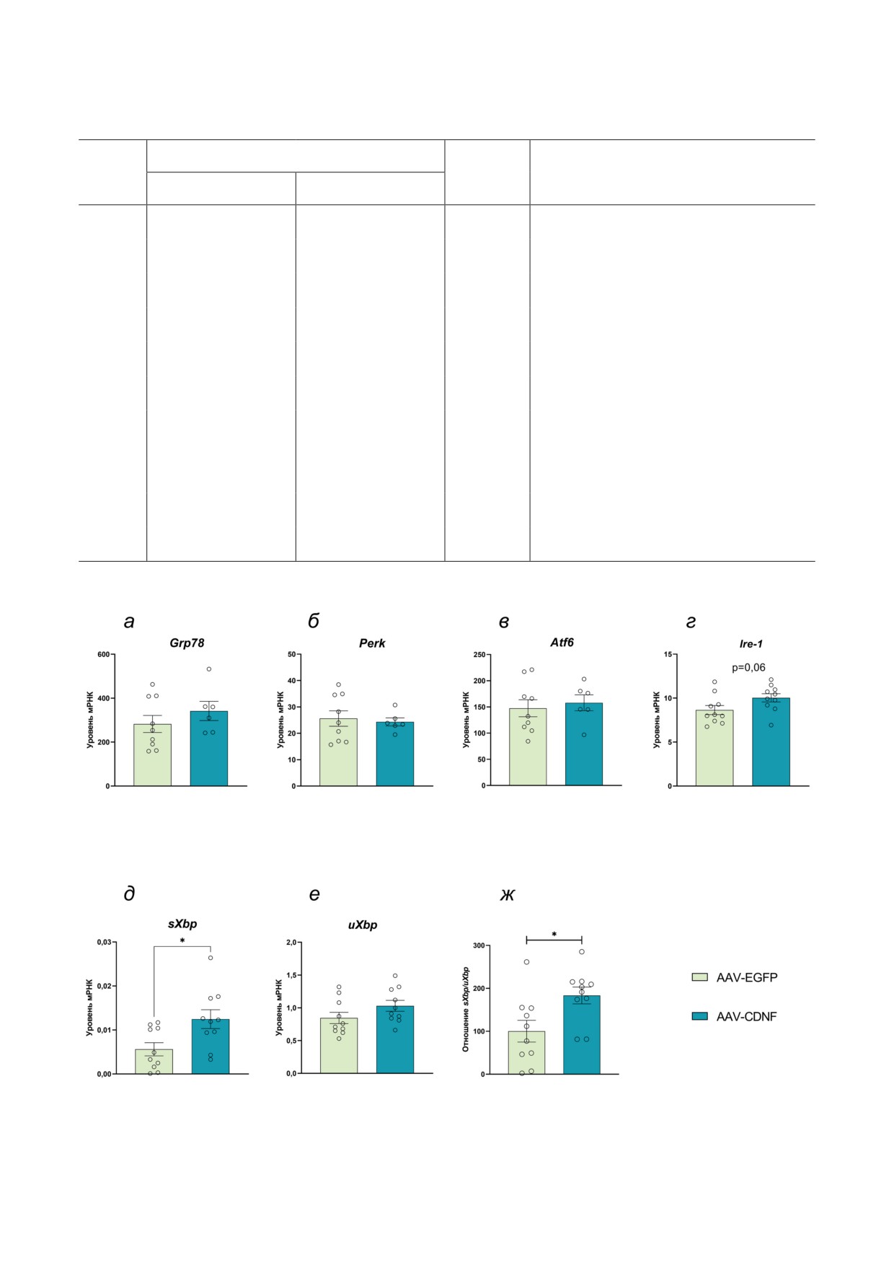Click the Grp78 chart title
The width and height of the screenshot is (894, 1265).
(187, 643)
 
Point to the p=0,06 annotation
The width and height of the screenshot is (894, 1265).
(748, 668)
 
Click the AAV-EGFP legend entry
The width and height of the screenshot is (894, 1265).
(735, 978)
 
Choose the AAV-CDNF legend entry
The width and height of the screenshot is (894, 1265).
(735, 1017)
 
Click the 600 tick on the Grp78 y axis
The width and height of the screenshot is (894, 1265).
(104, 655)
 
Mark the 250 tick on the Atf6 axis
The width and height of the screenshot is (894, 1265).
(479, 655)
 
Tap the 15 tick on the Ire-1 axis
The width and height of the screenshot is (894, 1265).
(668, 655)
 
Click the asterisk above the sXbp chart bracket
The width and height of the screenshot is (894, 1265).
(182, 941)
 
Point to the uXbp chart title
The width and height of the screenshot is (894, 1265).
(363, 925)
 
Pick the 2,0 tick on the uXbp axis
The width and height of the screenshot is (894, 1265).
(291, 943)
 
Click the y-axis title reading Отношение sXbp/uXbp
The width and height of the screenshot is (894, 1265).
(466, 1009)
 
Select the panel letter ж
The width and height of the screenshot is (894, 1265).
(508, 895)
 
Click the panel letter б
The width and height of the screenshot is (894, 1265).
(314, 621)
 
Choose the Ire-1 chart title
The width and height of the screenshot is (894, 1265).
(751, 644)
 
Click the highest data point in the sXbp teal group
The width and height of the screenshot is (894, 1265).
(211, 958)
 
